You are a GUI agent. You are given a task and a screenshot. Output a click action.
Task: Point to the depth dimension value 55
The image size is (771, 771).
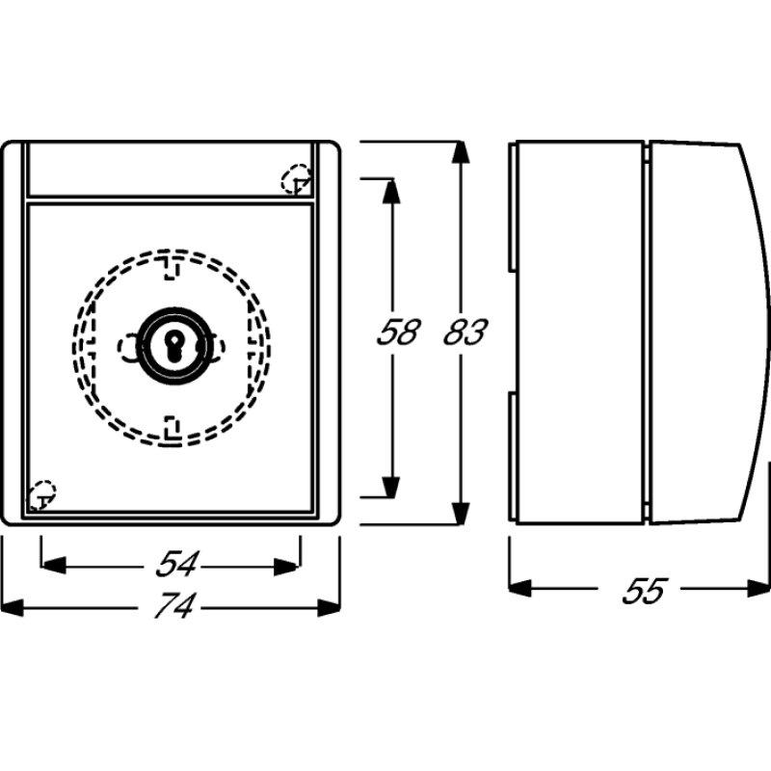pyautogui.click(x=643, y=589)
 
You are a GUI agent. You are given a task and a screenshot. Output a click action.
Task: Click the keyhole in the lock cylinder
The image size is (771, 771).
pyautogui.click(x=171, y=347)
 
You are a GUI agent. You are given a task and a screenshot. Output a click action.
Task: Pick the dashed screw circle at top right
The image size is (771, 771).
pyautogui.click(x=295, y=179)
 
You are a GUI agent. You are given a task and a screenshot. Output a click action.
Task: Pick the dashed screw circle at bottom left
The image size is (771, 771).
pyautogui.click(x=41, y=495)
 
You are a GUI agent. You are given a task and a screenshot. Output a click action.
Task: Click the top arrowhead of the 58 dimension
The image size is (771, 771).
pyautogui.click(x=390, y=190)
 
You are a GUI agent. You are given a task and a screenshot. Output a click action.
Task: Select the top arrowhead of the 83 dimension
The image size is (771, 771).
pyautogui.click(x=461, y=154)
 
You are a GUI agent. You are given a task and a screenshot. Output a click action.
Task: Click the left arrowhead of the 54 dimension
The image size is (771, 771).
pyautogui.click(x=53, y=566)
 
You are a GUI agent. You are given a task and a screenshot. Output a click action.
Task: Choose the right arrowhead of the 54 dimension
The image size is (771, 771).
pyautogui.click(x=288, y=566)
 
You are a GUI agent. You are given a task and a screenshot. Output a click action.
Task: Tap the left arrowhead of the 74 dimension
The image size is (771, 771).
pyautogui.click(x=13, y=607)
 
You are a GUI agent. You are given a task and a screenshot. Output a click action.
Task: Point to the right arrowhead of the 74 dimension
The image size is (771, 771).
pyautogui.click(x=330, y=607)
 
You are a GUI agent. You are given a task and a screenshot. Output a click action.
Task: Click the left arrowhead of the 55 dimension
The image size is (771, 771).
pyautogui.click(x=520, y=588)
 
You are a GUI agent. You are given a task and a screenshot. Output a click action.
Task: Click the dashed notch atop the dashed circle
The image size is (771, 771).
pyautogui.click(x=171, y=265)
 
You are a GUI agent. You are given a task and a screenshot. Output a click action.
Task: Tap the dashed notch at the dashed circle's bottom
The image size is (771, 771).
pyautogui.click(x=171, y=424)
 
